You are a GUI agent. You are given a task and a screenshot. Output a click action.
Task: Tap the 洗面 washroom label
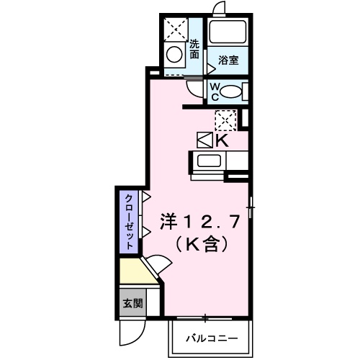coord(194,49)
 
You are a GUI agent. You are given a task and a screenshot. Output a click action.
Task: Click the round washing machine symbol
coord(174,54)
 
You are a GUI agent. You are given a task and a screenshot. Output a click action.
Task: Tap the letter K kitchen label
coord(222,140)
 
